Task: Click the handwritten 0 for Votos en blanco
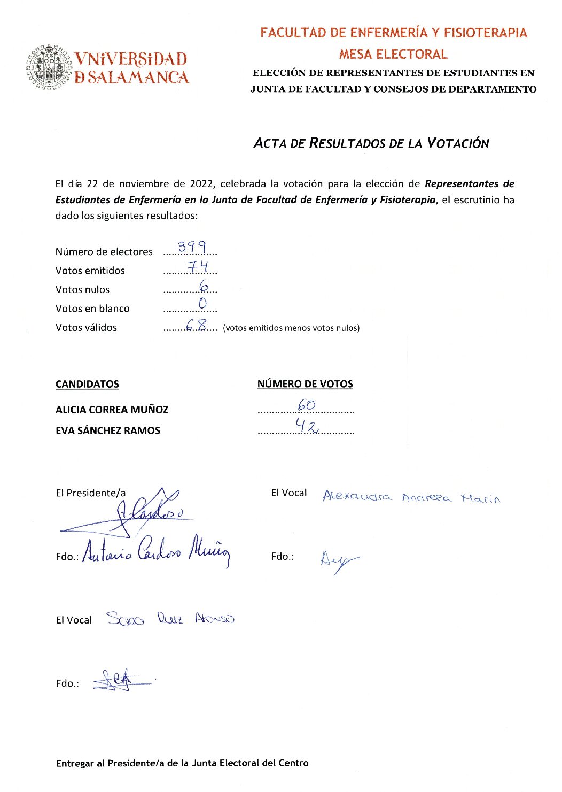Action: coord(202,304)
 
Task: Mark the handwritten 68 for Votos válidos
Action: coord(196,325)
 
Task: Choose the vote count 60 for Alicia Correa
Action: coord(307,405)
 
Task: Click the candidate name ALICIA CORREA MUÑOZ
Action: coord(112,410)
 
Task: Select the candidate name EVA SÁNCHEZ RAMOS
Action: coord(107,430)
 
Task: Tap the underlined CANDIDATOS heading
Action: coord(87,384)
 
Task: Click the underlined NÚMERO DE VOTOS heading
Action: coord(305,384)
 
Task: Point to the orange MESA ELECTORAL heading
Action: coord(393,54)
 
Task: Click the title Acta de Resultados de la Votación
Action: coord(371,143)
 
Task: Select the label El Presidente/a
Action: coord(91,493)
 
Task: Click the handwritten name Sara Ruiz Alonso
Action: coord(170,619)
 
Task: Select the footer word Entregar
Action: coord(75,763)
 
